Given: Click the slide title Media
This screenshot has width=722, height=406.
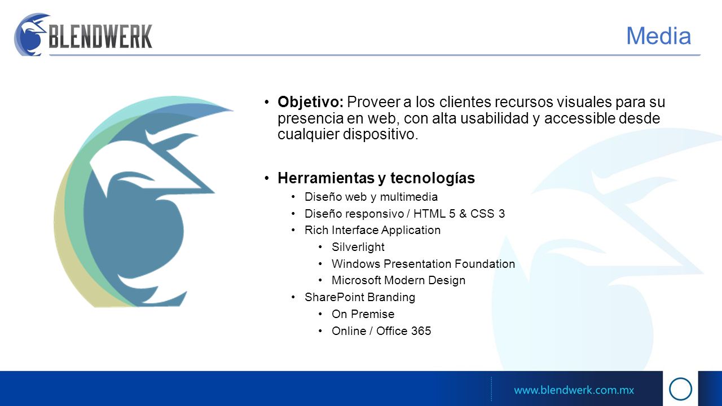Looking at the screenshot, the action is [x=658, y=36].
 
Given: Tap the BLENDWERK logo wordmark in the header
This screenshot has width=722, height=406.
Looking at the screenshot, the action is [x=100, y=37].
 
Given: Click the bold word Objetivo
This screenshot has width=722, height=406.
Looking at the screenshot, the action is [x=310, y=103].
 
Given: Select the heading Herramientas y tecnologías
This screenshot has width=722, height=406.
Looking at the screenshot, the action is [x=376, y=178].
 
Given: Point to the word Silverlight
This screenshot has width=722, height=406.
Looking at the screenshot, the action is [x=358, y=247].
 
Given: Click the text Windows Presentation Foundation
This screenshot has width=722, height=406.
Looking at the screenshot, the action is [x=423, y=264].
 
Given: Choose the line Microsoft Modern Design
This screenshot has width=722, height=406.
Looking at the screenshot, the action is [x=398, y=280].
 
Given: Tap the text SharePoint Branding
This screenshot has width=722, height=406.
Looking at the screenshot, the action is [x=360, y=297].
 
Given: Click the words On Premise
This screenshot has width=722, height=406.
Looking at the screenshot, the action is [x=363, y=314].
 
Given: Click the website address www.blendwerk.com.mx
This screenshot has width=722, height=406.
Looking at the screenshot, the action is [x=574, y=390].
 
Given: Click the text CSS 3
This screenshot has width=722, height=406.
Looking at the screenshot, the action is [x=487, y=214].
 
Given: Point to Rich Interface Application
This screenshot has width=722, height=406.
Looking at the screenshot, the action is [x=372, y=231].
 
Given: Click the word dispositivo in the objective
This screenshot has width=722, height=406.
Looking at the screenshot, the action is [x=380, y=134].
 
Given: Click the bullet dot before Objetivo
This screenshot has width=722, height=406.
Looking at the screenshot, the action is [x=267, y=103].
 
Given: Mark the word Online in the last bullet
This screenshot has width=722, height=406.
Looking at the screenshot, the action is [x=349, y=331].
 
